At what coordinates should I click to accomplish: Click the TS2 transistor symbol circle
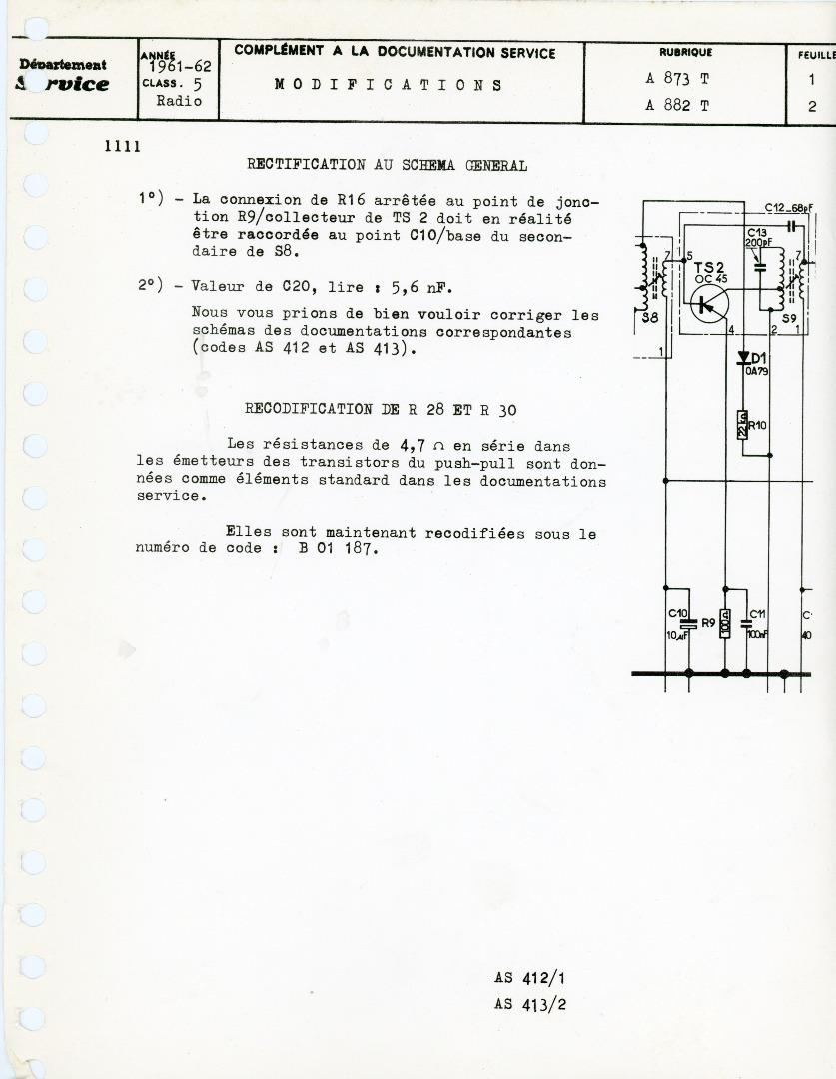(708, 305)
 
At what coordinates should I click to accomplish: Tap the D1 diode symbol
(744, 358)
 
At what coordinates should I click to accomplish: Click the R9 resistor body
(726, 623)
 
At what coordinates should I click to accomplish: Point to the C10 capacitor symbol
(684, 623)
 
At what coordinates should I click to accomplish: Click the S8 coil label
(650, 317)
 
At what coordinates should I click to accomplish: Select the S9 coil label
(789, 318)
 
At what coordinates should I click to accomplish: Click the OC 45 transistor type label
(710, 278)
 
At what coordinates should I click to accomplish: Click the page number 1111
(122, 146)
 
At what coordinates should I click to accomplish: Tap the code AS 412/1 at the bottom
(529, 979)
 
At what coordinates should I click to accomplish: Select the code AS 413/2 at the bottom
(529, 1005)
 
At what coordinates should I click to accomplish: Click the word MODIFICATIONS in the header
(388, 85)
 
